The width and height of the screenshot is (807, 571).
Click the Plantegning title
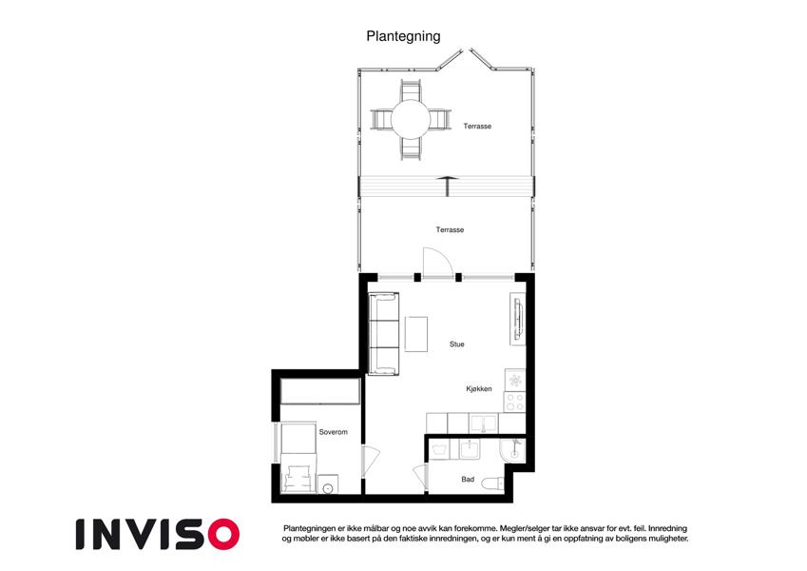[403, 36]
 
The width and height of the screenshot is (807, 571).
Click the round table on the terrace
[411, 119]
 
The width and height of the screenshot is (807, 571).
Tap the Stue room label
[456, 345]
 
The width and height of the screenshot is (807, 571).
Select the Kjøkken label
[479, 389]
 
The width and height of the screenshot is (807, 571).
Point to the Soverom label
[333, 432]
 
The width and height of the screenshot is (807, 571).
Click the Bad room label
[468, 480]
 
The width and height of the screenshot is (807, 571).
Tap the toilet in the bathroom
[492, 482]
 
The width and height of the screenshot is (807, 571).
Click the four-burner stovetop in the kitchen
[514, 402]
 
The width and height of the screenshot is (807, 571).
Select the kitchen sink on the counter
[483, 423]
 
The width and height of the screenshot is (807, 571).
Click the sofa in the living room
[384, 333]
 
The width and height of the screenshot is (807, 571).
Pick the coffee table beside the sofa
[415, 334]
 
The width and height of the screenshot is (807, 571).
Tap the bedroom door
[370, 462]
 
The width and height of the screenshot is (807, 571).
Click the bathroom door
[420, 477]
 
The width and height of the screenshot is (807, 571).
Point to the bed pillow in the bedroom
[298, 472]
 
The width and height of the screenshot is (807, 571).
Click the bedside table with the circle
[328, 484]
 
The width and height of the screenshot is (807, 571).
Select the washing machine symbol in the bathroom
[438, 450]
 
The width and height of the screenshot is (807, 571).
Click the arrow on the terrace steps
[448, 186]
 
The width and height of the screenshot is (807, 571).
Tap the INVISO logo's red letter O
[224, 534]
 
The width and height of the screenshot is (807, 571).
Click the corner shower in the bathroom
[512, 449]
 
